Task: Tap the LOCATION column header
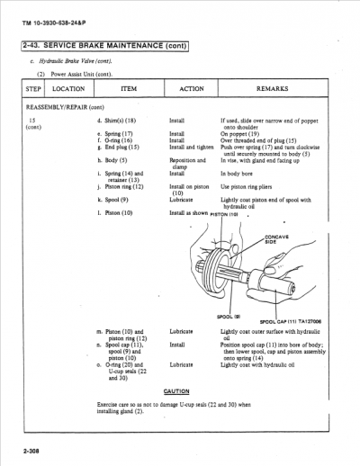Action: click(x=69, y=89)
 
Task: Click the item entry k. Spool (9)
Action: click(x=113, y=201)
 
